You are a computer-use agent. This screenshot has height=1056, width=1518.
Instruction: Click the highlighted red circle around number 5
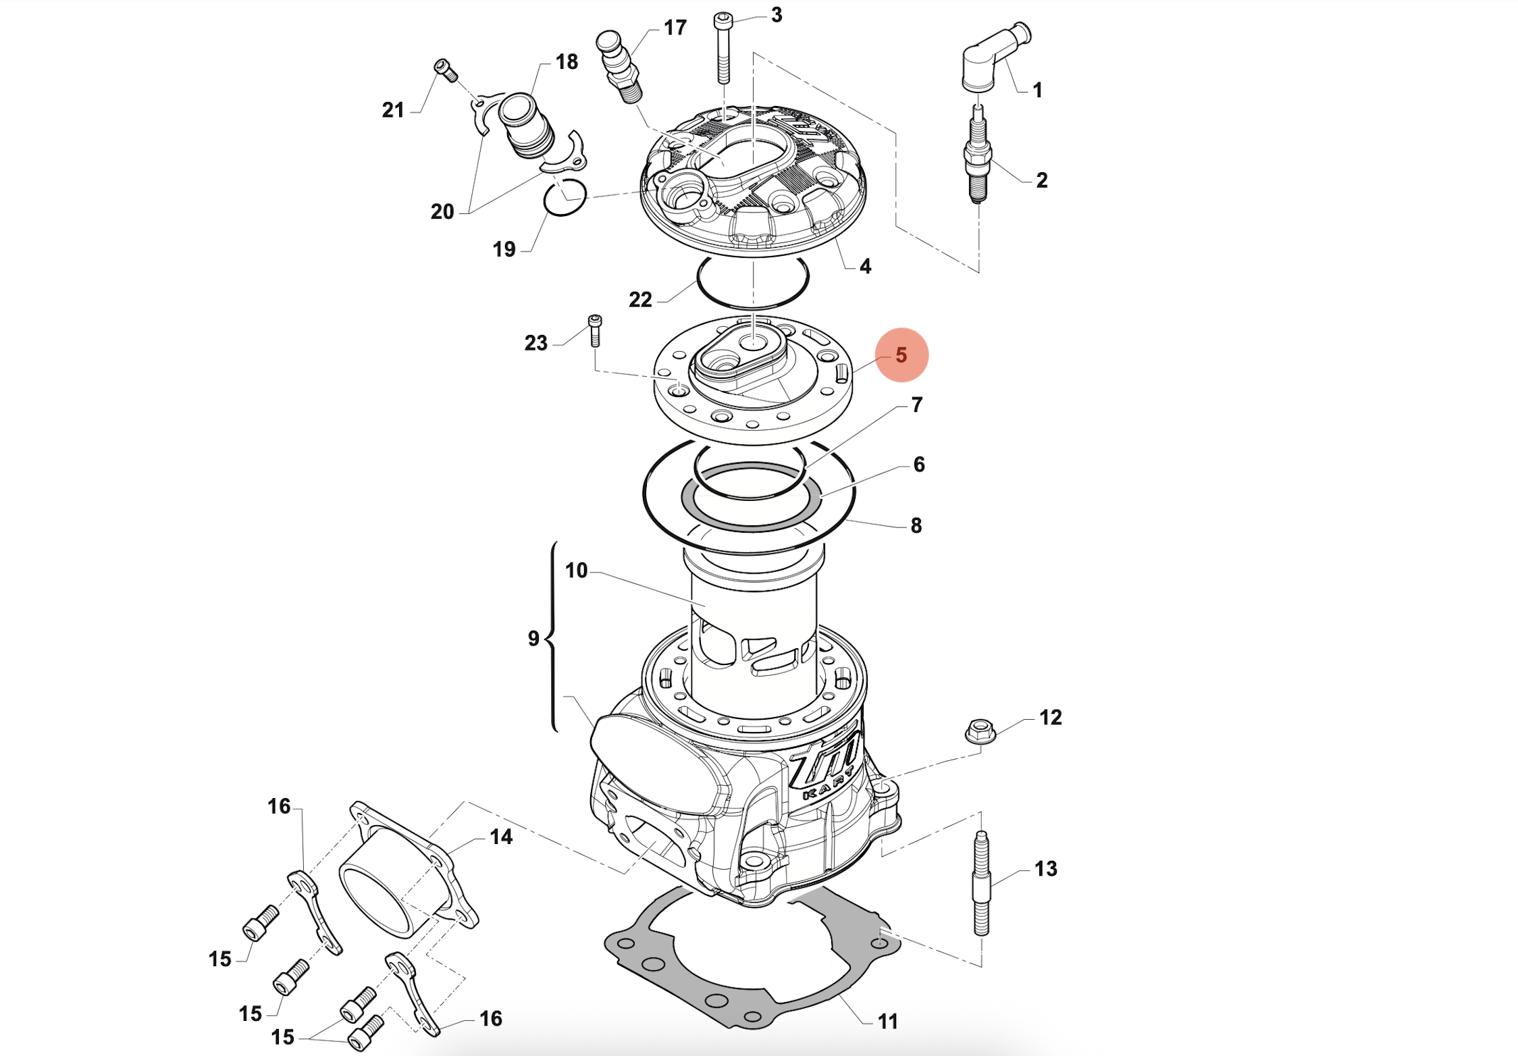[901, 355]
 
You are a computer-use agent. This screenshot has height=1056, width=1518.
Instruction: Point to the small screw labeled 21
[446, 70]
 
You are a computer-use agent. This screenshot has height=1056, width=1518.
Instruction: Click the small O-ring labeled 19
[565, 198]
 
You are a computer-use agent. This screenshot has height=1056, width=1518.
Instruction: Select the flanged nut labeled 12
[980, 731]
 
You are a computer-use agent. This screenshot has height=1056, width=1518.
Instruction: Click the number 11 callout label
[887, 1022]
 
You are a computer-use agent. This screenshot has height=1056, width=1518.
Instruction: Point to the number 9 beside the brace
[533, 639]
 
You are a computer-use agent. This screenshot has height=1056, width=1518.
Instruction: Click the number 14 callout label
[501, 837]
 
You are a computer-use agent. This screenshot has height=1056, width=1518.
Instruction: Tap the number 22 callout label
[640, 300]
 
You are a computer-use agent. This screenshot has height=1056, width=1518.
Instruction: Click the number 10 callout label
[576, 571]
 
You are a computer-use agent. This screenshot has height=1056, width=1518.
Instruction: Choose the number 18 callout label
[567, 62]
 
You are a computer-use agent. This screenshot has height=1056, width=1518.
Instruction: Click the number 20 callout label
[442, 212]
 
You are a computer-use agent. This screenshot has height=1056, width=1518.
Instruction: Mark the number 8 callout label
[916, 525]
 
